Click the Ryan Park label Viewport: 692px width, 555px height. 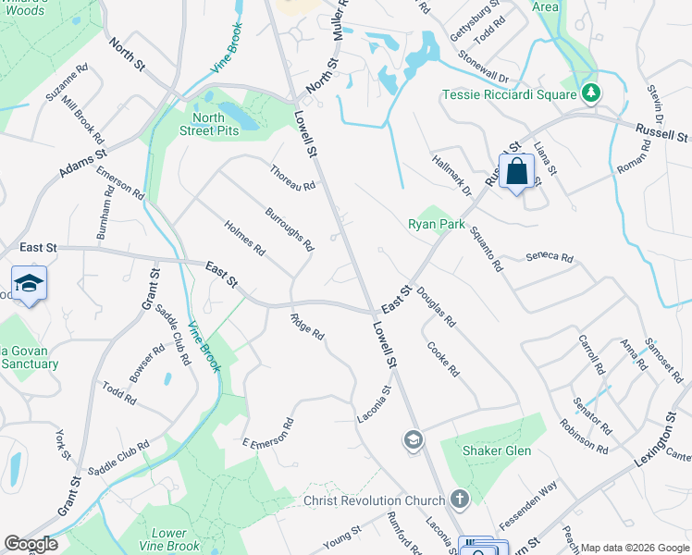(437, 224)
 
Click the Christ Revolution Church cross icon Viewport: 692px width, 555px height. (460, 500)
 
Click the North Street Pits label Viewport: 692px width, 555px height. (216, 124)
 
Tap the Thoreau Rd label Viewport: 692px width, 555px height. (293, 178)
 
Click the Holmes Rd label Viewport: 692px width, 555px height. (245, 238)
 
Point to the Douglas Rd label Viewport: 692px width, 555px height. (436, 308)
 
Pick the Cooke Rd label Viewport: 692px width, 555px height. (443, 360)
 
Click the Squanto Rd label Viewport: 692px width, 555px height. (485, 249)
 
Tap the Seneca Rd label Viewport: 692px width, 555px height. (550, 258)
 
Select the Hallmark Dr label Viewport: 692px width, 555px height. (451, 175)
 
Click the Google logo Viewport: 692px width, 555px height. (30, 544)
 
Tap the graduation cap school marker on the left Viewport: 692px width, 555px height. (29, 284)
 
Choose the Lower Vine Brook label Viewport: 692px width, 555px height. (175, 539)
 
